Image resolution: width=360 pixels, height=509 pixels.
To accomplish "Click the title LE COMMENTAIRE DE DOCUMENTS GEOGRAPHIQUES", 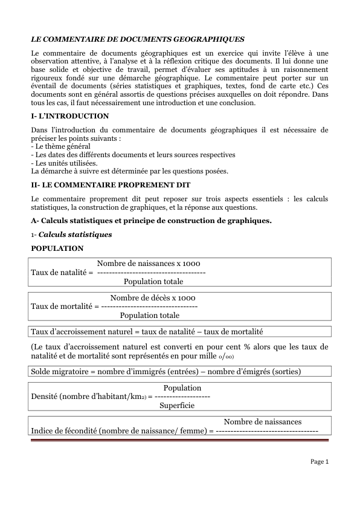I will click(x=138, y=39).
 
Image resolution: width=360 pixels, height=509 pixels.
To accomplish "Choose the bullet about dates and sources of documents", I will click(x=133, y=155).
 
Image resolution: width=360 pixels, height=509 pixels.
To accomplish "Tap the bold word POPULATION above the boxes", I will click(x=57, y=248).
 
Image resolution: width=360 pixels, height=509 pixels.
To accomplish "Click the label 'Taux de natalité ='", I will click(x=62, y=273).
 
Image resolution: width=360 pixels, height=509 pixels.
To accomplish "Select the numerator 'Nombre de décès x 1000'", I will click(x=153, y=298).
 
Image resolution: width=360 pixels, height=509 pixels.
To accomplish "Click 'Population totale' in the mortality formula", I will click(x=150, y=315).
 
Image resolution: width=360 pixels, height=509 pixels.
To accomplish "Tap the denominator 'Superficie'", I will click(x=176, y=406).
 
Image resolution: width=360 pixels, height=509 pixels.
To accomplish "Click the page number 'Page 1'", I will click(x=319, y=462).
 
